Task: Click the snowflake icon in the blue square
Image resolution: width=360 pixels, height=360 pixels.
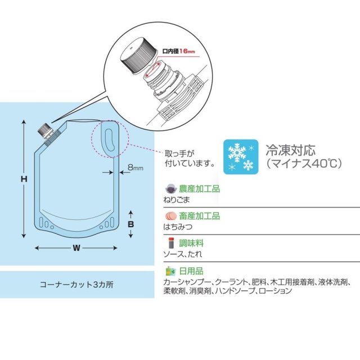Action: [241, 157]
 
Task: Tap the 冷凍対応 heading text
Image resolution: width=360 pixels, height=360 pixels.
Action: [291, 150]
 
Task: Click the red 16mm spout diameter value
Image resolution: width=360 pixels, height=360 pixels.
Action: [187, 51]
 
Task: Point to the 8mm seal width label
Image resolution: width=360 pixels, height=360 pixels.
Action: [135, 168]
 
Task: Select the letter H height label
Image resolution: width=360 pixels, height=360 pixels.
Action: [24, 179]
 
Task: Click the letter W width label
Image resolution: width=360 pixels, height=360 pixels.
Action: [76, 248]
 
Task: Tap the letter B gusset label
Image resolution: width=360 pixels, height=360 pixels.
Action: [130, 224]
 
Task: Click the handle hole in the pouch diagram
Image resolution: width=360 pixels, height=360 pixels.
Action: [110, 140]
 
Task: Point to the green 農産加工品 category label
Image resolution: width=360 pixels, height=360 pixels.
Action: [199, 189]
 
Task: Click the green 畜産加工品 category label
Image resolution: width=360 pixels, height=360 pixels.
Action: [199, 216]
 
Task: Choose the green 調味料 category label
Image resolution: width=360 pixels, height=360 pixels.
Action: [191, 243]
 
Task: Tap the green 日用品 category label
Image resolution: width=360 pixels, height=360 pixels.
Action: [191, 271]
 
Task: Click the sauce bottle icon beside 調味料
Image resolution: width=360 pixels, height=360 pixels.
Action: [171, 243]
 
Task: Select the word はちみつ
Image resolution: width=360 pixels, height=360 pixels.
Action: [178, 227]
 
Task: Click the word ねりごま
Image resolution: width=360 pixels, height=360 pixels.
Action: [177, 200]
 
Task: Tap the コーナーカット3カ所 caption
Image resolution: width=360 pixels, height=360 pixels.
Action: [76, 285]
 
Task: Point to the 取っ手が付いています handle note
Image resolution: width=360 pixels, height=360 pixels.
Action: [190, 159]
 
